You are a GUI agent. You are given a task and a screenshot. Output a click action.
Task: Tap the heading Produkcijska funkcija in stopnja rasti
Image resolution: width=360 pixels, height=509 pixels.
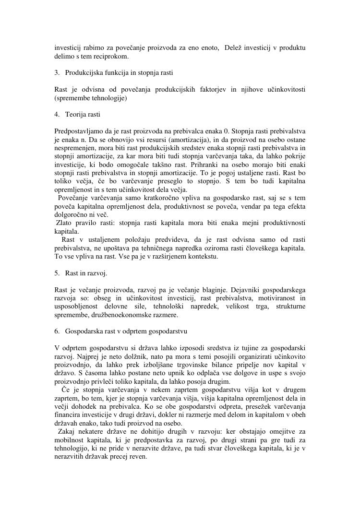point(119,73)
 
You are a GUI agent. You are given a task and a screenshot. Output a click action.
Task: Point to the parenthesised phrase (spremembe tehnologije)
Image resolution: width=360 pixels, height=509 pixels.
point(91,98)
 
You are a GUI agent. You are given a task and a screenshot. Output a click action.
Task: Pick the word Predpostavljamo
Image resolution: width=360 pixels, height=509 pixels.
point(78,131)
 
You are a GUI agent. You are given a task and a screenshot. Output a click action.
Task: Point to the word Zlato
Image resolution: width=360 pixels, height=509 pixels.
point(65,223)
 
